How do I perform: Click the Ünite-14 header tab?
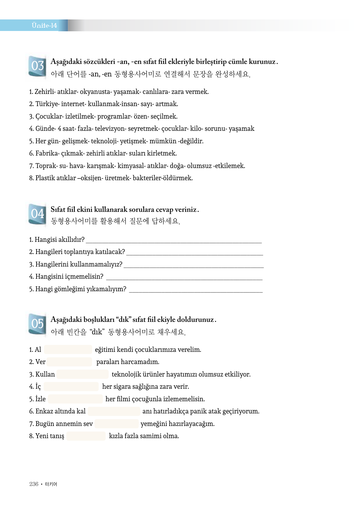tap(44, 25)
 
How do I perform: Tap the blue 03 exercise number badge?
tap(37, 66)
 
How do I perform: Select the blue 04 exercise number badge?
tap(37, 214)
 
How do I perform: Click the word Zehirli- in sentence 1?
tap(45, 92)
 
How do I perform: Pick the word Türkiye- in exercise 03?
tap(47, 104)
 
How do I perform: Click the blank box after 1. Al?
tap(68, 350)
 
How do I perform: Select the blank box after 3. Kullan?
tap(82, 374)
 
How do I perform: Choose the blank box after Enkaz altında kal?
tap(114, 411)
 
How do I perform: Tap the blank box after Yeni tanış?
tap(86, 436)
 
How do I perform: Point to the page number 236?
tap(34, 484)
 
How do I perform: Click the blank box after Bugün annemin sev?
tap(116, 424)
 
